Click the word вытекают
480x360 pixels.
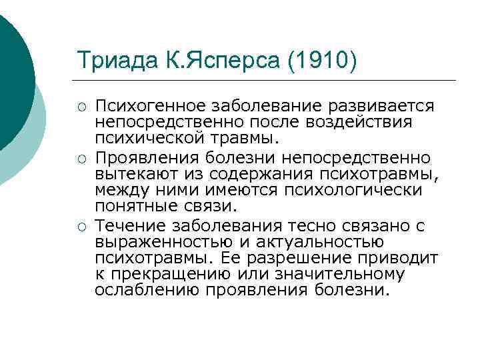coord(133,174)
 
